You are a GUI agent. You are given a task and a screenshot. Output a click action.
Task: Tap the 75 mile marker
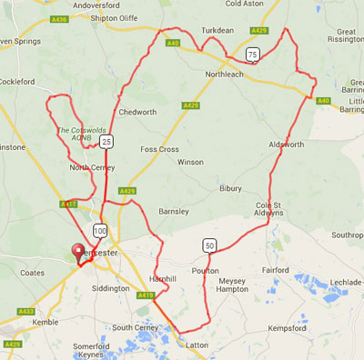point(251,55)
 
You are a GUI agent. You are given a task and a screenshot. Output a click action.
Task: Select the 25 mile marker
point(106,143)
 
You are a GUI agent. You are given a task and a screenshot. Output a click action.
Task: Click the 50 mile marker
point(209,245)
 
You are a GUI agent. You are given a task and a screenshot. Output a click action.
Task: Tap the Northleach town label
point(226,74)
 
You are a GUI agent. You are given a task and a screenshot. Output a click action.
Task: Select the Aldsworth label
point(286,145)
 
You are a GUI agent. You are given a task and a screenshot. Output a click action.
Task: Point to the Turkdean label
point(217,30)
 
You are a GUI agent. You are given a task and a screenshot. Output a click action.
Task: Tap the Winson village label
point(190,162)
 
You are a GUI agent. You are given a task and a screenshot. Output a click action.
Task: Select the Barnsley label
point(172,211)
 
